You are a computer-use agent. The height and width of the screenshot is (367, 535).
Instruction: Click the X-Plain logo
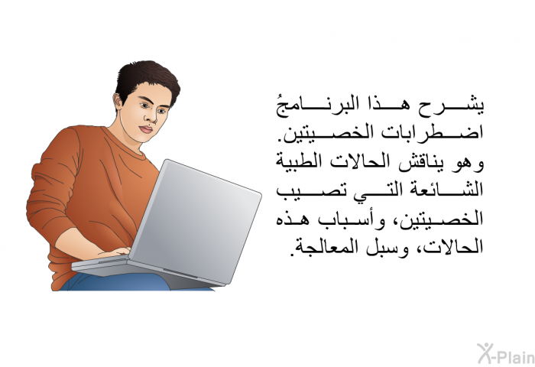pyautogui.click(x=506, y=354)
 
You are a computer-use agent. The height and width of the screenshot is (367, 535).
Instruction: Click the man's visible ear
pyautogui.click(x=118, y=102)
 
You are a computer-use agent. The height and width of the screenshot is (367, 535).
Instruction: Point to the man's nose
pyautogui.click(x=151, y=116)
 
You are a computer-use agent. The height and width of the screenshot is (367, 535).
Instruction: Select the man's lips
pyautogui.click(x=147, y=130)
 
